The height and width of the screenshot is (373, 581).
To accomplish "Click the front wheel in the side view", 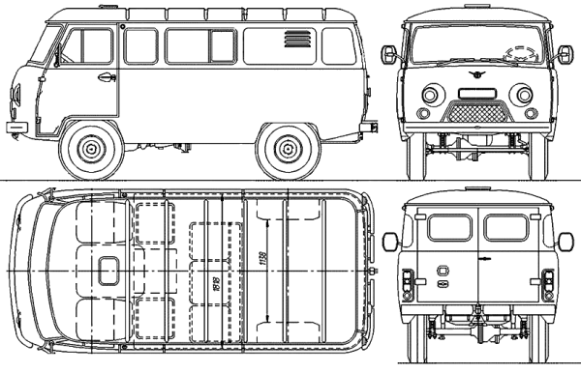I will pos(92,150).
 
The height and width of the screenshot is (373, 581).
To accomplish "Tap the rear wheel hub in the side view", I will pos(288,150).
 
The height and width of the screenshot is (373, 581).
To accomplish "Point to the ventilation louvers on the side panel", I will pos(294,43).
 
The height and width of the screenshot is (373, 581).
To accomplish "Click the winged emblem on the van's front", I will pos(475,75).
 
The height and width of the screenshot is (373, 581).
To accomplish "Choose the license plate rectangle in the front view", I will pos(474,94).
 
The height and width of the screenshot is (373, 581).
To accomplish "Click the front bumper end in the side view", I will pos(15,127).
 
